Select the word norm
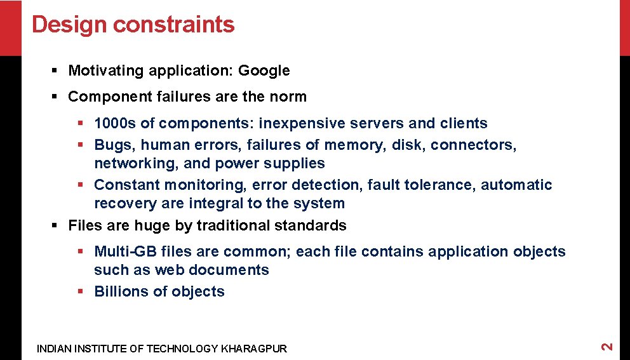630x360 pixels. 289,97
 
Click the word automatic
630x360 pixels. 516,185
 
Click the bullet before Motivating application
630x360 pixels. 55,70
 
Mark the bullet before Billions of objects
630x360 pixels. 81,291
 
